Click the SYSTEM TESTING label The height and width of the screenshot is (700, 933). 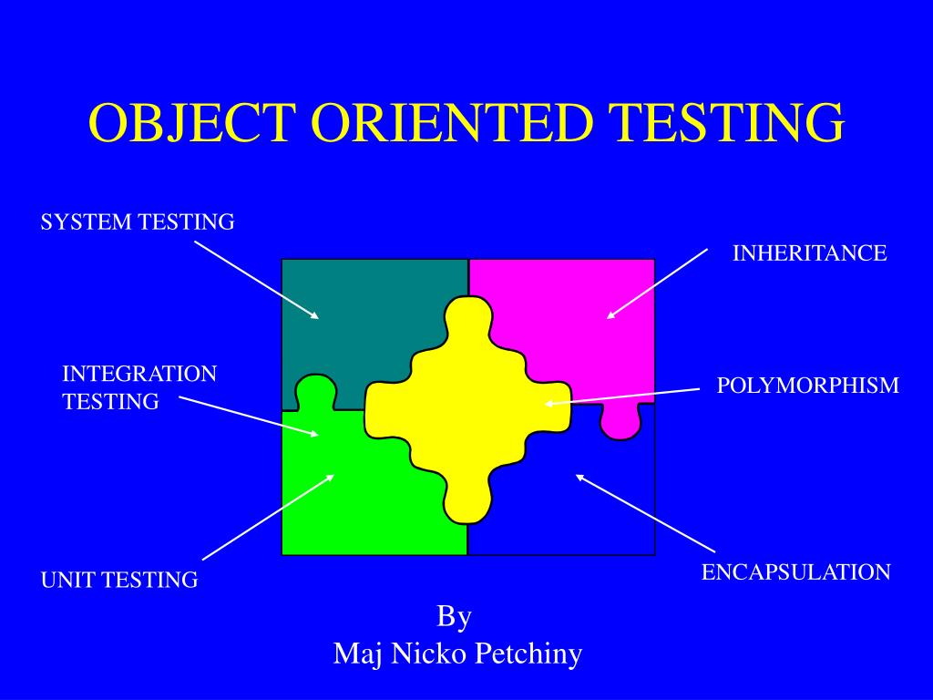(x=138, y=221)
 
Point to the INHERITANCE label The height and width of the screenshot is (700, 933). (x=810, y=253)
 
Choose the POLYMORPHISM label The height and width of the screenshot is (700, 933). (x=807, y=386)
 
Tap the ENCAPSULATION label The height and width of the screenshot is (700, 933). (x=795, y=572)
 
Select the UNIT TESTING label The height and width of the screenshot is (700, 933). (x=119, y=580)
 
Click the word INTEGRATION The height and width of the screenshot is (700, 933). (x=139, y=374)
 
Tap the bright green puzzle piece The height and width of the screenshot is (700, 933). (x=364, y=492)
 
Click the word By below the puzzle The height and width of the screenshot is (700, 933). (x=454, y=617)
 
